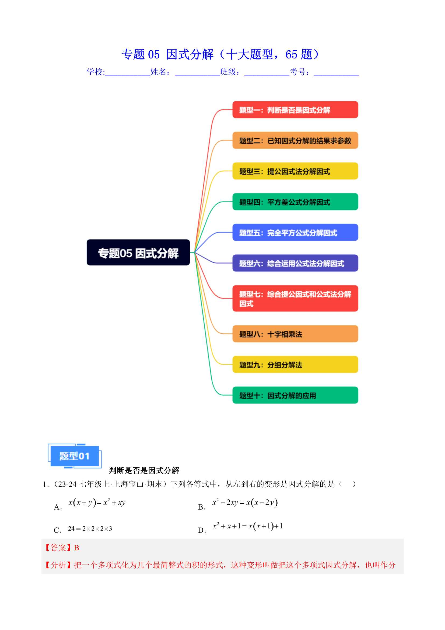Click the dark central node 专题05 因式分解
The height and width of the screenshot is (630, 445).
tap(138, 252)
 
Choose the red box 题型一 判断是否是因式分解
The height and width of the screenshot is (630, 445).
tap(295, 109)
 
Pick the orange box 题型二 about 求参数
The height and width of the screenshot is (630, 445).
tap(295, 140)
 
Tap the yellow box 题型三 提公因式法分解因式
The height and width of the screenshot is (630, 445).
tap(295, 171)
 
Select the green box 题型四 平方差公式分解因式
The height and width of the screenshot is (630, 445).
tap(295, 202)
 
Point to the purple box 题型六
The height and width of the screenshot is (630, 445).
tap(295, 263)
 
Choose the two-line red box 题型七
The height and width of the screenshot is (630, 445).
tap(295, 298)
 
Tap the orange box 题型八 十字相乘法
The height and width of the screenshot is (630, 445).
tap(295, 334)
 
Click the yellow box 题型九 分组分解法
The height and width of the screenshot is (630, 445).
tap(295, 364)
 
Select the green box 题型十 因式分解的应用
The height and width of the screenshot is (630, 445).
tap(295, 395)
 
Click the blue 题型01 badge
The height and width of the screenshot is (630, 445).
tap(75, 456)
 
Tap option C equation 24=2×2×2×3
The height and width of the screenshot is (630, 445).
tap(90, 528)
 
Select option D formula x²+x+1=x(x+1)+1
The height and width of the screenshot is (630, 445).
tap(248, 526)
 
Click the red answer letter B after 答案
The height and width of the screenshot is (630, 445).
tap(76, 548)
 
